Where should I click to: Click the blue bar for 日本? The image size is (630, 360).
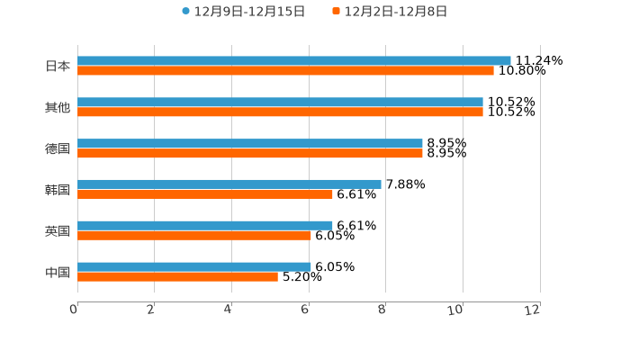tap(294, 60)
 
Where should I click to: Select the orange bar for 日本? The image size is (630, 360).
tap(285, 70)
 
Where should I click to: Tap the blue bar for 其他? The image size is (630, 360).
tap(280, 102)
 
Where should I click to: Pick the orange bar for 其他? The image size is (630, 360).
tap(280, 112)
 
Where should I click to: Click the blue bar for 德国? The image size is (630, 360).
tap(250, 143)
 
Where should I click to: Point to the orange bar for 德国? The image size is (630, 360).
tap(250, 153)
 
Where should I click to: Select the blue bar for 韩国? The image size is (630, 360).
tap(229, 184)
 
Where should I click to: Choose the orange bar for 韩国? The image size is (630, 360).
tap(205, 193)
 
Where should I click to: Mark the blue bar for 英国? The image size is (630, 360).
tap(205, 225)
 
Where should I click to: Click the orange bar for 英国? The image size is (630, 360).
tap(194, 235)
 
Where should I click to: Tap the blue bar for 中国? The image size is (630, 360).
tap(194, 266)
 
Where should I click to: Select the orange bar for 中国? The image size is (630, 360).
tap(177, 276)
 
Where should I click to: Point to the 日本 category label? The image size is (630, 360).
tap(58, 66)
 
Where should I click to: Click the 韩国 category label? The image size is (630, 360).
tap(58, 189)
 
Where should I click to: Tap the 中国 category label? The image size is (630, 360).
tap(58, 272)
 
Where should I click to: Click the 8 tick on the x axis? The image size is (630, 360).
tap(383, 310)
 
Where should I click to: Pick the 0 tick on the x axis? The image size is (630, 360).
tap(75, 310)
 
